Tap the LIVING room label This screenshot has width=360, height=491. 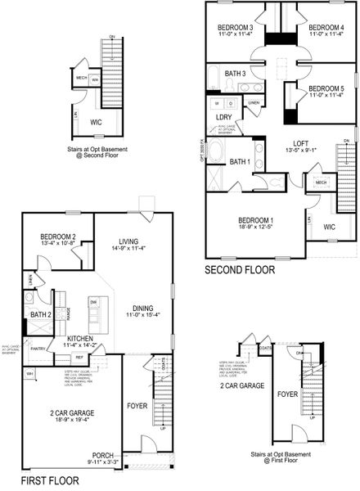coord(128,241)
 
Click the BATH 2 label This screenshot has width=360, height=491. coord(41,314)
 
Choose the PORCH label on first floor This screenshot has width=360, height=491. coord(103,456)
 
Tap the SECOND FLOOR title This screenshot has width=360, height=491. coord(240,269)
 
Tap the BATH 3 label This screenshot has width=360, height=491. coord(236,74)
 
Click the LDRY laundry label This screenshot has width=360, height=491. coord(223,117)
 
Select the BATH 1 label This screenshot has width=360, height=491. coord(240,162)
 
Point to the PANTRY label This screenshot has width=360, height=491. coord(38,349)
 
